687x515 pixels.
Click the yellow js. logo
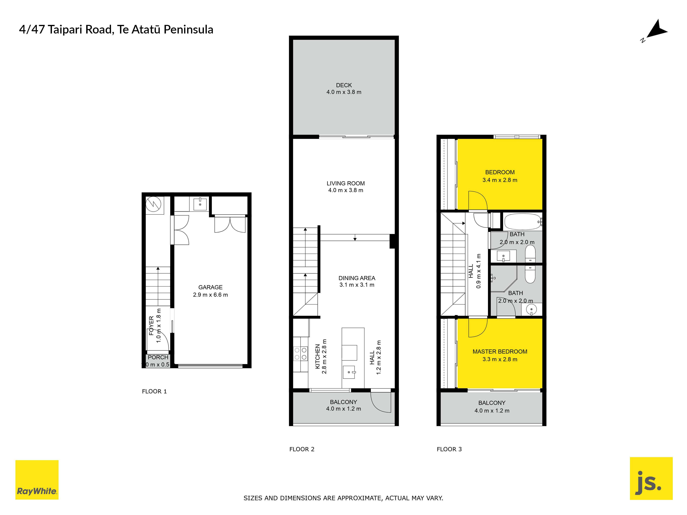(x=651, y=478)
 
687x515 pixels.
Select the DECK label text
(x=344, y=85)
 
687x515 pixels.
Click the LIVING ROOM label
(x=346, y=184)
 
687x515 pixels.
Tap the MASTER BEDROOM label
(x=500, y=351)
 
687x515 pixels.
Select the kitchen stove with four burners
(x=300, y=354)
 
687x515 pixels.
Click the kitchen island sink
(x=349, y=372)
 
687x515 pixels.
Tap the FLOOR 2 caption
(x=302, y=449)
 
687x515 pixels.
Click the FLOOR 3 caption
(x=449, y=449)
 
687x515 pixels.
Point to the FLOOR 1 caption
(x=154, y=391)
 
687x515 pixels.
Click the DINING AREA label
(x=357, y=278)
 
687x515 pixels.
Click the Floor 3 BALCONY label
(x=492, y=403)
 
